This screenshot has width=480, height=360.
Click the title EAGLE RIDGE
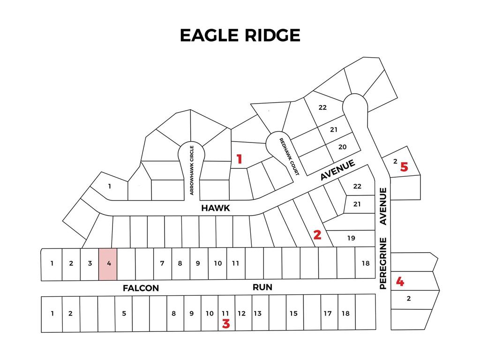point(240,35)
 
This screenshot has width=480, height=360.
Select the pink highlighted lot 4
point(108,264)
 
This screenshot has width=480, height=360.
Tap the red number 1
point(239,159)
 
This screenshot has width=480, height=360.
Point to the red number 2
point(317,235)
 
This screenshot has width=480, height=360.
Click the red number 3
point(226,323)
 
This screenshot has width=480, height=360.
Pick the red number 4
point(400,282)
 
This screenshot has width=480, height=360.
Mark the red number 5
point(404,166)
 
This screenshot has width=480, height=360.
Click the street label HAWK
point(216,208)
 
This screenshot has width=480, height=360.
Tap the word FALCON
point(141,288)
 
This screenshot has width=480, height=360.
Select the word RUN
point(262,287)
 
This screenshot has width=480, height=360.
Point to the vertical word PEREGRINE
point(383,263)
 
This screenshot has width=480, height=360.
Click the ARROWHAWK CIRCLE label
point(192,170)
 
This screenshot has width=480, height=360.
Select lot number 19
point(351,238)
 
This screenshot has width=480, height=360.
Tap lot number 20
point(342,147)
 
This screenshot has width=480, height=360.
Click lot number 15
point(293,314)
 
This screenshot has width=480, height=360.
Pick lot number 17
point(328,314)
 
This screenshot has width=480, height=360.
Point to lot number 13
point(257,314)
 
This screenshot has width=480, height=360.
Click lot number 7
point(162,263)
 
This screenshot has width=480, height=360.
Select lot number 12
point(241,314)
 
